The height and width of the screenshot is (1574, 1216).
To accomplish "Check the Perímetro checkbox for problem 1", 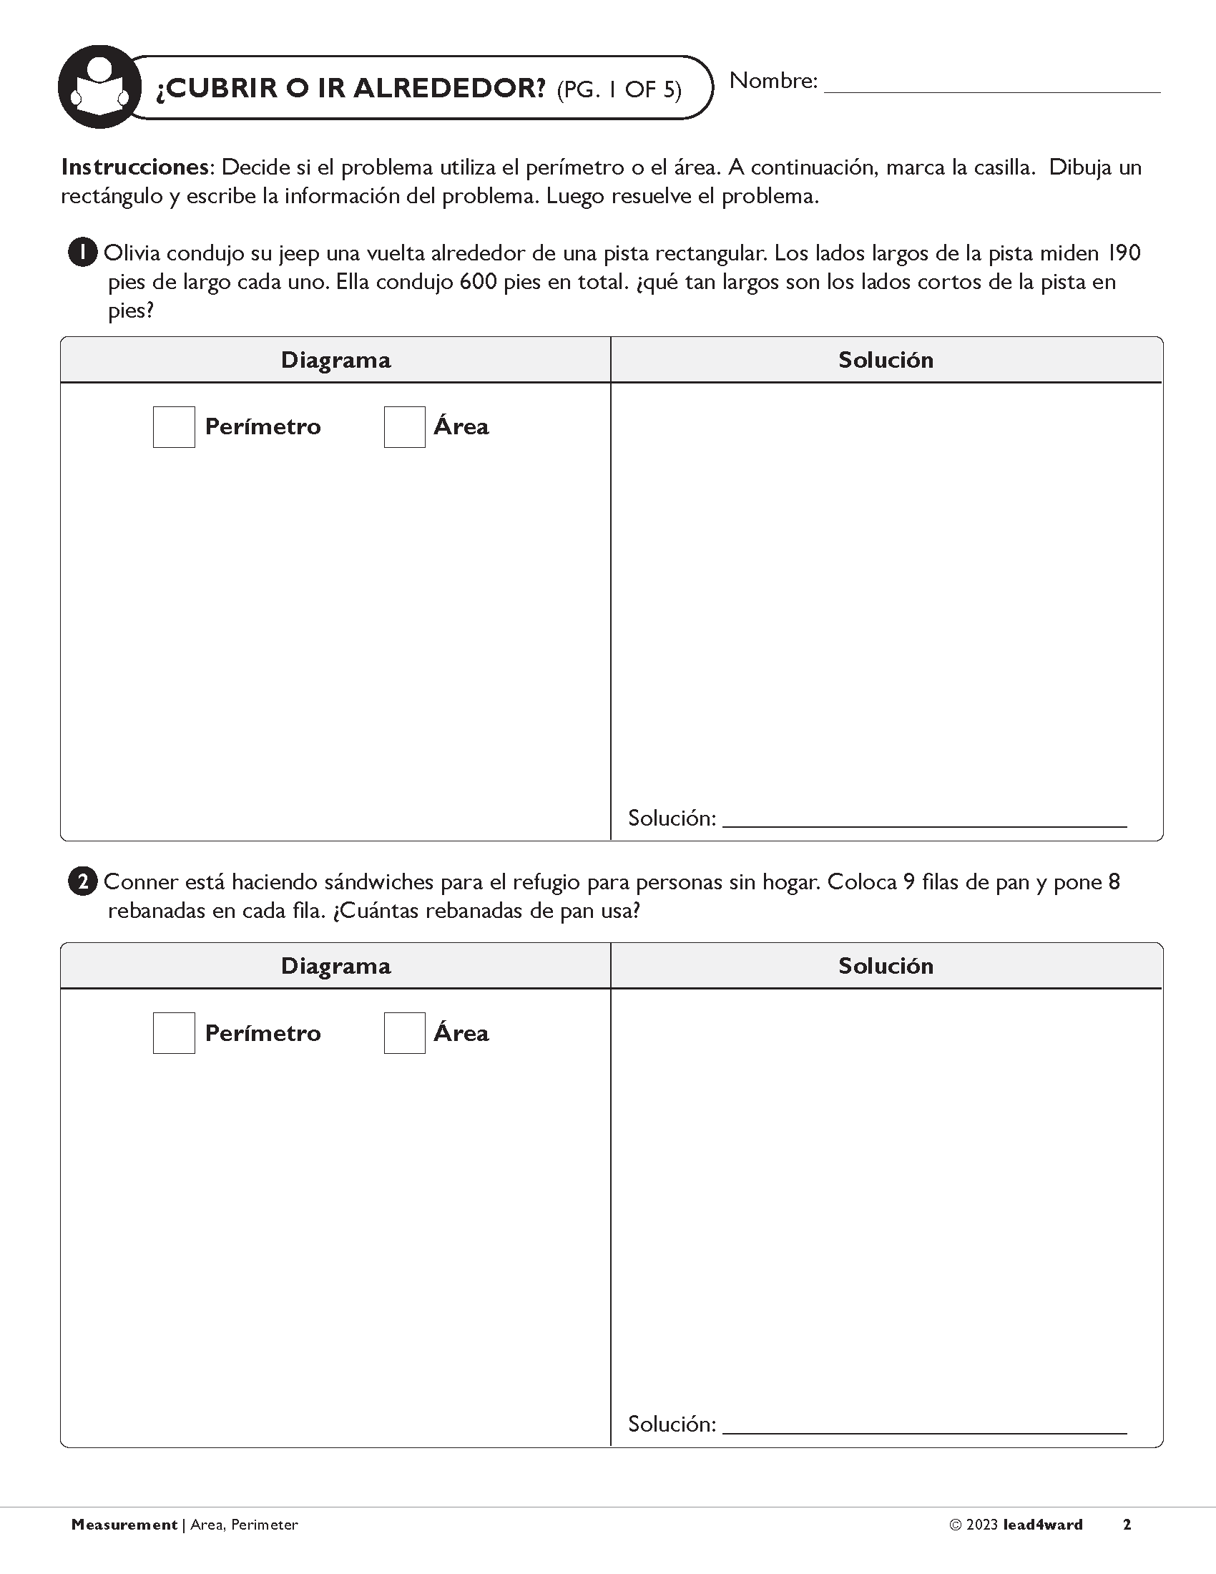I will pyautogui.click(x=174, y=426).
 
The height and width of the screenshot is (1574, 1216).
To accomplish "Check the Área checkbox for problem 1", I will pyautogui.click(x=404, y=426).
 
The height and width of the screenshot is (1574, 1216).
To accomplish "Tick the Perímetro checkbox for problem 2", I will pyautogui.click(x=174, y=1032).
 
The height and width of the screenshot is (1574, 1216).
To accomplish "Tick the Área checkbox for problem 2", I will pyautogui.click(x=404, y=1032).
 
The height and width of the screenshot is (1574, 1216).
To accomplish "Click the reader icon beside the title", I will pyautogui.click(x=99, y=87).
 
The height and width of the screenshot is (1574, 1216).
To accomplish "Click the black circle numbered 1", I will pyautogui.click(x=82, y=253).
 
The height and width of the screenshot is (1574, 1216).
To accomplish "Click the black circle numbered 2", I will pyautogui.click(x=82, y=882).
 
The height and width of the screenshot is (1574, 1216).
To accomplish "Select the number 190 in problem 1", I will pyautogui.click(x=1124, y=253).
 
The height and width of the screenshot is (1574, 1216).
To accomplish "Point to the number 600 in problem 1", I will pyautogui.click(x=479, y=282).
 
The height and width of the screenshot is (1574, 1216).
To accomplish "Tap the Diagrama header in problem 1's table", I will pyautogui.click(x=335, y=360).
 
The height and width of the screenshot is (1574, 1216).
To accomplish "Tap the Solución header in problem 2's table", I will pyautogui.click(x=886, y=966).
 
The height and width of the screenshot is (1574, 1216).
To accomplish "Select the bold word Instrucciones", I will pyautogui.click(x=134, y=167).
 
